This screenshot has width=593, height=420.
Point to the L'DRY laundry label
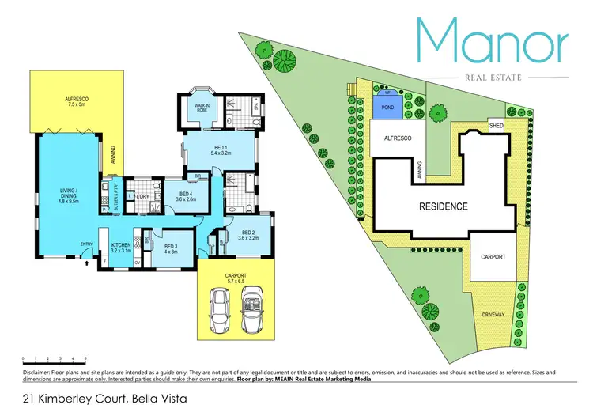pyautogui.click(x=144, y=196)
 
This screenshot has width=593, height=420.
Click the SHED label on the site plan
pyautogui.click(x=497, y=125)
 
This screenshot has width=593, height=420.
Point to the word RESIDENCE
pyautogui.click(x=443, y=207)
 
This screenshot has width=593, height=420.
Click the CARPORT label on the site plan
pyautogui.click(x=493, y=257)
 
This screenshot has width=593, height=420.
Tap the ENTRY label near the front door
pyautogui.click(x=87, y=244)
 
